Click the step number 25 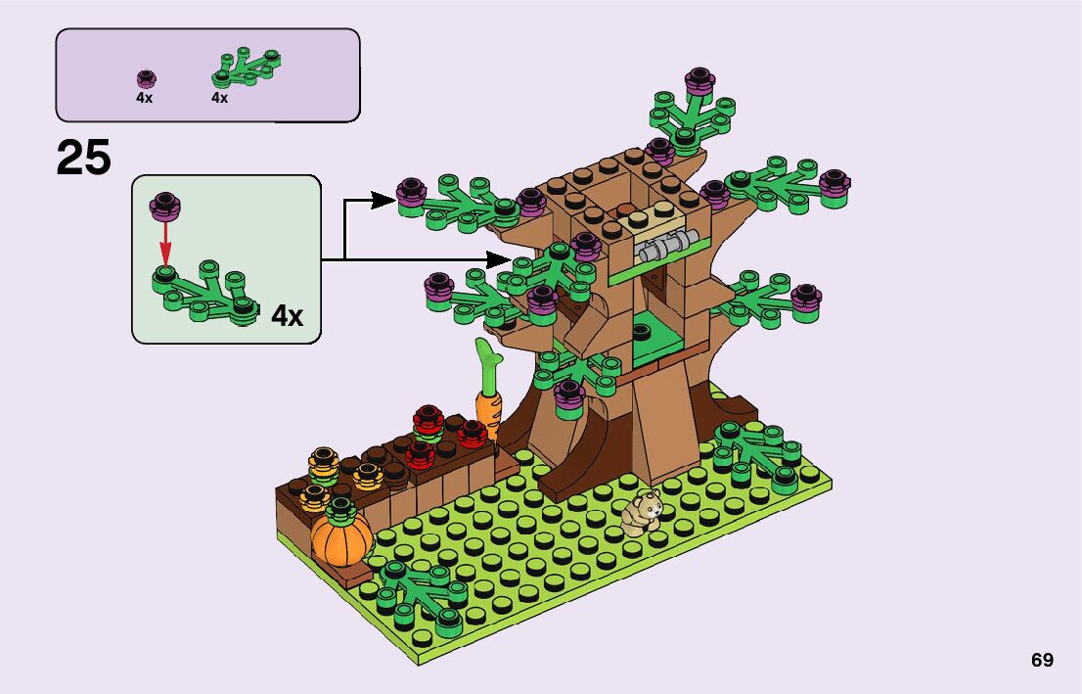pyautogui.click(x=84, y=158)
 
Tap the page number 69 pyautogui.click(x=1042, y=661)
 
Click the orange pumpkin pyautogui.click(x=341, y=536)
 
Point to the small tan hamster pyautogui.click(x=643, y=514)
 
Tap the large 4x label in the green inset pyautogui.click(x=288, y=316)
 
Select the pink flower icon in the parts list pyautogui.click(x=146, y=78)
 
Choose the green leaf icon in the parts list pyautogui.click(x=246, y=68)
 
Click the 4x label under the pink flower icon pyautogui.click(x=144, y=98)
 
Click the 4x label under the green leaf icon pyautogui.click(x=219, y=98)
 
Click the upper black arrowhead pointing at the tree pyautogui.click(x=387, y=202)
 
